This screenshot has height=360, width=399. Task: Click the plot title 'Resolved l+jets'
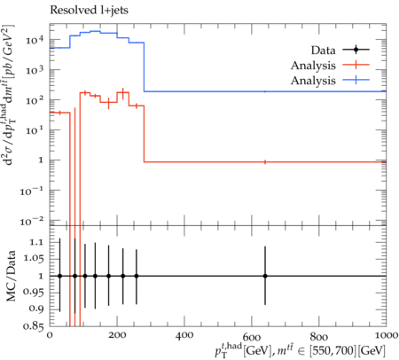pos(89,10)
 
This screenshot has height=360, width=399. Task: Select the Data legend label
pos(323,51)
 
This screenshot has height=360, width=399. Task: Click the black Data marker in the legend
pos(356,50)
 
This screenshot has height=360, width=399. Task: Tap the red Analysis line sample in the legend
pos(356,65)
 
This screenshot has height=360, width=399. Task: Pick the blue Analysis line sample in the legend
pos(356,80)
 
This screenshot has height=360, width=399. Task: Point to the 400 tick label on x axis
pos(184,335)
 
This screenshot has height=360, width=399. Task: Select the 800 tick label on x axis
pos(319,335)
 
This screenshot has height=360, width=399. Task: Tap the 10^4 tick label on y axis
pos(35,40)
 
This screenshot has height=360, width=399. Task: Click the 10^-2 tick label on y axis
pos(32,221)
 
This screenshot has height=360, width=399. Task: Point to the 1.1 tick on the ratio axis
pos(36,242)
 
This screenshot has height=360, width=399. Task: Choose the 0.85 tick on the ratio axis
pos(34,325)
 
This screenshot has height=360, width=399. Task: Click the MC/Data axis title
pos(11,276)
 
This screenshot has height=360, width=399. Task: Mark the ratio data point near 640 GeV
pos(265,276)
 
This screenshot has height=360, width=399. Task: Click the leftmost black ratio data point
pos(60,276)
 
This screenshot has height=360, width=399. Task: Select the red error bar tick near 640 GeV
pos(265,162)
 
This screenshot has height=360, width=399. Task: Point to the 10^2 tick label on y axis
pos(35,100)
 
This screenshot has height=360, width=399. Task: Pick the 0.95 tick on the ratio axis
pos(34,292)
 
